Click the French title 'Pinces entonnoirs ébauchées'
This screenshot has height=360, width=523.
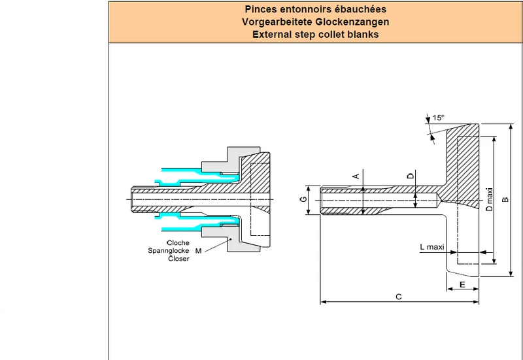coord(315,9)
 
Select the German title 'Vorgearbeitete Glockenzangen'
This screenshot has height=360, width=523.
coord(315,22)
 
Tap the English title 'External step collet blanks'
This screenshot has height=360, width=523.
coord(315,35)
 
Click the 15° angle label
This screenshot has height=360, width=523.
coord(439,118)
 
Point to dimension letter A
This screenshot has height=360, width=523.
coord(356,176)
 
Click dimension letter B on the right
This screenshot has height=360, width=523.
coord(505,199)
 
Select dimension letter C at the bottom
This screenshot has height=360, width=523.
coord(399,297)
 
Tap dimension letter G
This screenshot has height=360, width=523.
coord(303,199)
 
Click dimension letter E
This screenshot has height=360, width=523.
coord(462,285)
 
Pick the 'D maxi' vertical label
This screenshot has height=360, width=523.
coord(489,199)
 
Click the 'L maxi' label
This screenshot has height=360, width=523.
coord(432,247)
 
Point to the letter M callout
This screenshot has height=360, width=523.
coord(199,251)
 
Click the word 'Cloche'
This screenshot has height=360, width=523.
coord(178,242)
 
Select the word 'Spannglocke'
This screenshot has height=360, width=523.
coord(169,251)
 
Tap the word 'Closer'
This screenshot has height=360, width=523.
coord(178,258)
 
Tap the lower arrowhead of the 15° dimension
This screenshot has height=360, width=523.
coord(433,137)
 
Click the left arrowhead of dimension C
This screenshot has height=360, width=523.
coord(323,302)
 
